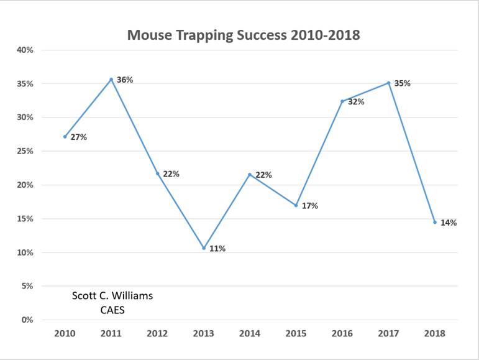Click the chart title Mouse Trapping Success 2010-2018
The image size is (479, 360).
[x=244, y=35]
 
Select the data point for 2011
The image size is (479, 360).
[x=111, y=80]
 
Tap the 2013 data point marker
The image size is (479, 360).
[x=204, y=248]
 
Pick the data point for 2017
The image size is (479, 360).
[x=388, y=83]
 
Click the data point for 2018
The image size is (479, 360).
[x=435, y=222]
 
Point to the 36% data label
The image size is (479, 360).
[x=125, y=80]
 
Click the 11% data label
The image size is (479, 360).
[x=217, y=249]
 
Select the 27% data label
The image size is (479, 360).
[x=79, y=137]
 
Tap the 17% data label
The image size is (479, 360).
[x=310, y=206]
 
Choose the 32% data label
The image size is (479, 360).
[x=356, y=102]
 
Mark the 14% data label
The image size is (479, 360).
[x=449, y=223]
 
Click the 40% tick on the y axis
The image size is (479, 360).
[x=25, y=50]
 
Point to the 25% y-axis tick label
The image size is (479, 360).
[x=25, y=151]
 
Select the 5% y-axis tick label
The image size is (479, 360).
[x=27, y=286]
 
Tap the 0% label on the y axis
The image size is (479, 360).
[x=27, y=320]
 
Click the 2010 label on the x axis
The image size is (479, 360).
[x=65, y=333]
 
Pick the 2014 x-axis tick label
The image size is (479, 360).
[x=250, y=333]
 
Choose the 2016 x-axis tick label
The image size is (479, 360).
[x=342, y=333]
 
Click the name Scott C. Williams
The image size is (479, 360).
[x=112, y=296]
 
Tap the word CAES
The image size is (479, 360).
[x=112, y=309]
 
